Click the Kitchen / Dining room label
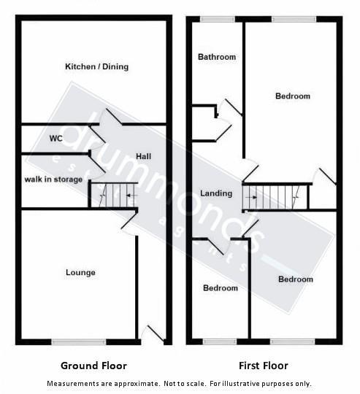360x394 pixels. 96,66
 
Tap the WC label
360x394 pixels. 55,138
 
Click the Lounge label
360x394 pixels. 80,273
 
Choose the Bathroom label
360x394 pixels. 217,57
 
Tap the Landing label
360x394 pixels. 216,193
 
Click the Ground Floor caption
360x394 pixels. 93,366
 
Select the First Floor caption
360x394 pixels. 263,366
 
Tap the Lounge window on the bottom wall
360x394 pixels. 74,341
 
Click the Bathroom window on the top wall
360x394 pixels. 212,19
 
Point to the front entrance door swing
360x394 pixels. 152,333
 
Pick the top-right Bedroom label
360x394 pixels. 292,96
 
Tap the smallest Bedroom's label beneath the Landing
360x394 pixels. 220,288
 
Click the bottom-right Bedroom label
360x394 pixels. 295,279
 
